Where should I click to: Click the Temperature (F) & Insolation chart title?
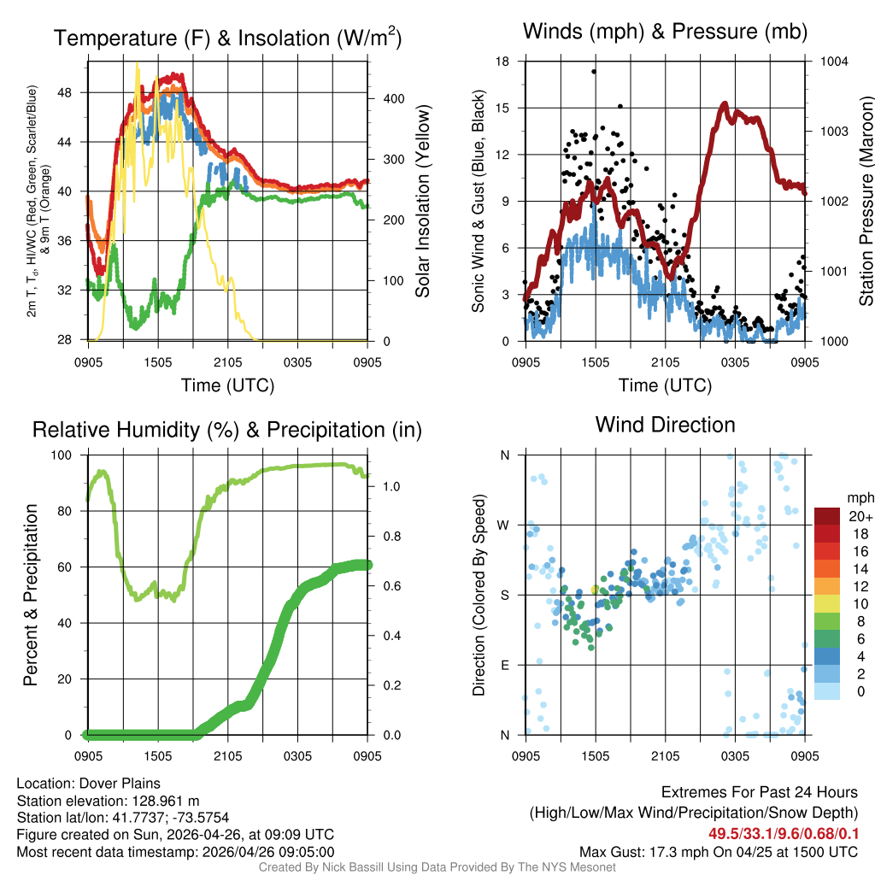point(227,38)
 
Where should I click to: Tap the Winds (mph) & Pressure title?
point(665,32)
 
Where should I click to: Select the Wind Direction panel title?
point(665,425)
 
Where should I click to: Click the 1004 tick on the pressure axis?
point(834,62)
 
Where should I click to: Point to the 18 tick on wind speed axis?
point(502,62)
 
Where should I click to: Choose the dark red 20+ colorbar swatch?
point(827,516)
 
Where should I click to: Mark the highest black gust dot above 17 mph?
point(593,72)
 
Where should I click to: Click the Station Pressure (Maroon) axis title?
point(866,201)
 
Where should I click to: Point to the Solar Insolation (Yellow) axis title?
point(423,201)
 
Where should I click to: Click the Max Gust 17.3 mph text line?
point(718,852)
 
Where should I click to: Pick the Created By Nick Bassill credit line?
point(437,867)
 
